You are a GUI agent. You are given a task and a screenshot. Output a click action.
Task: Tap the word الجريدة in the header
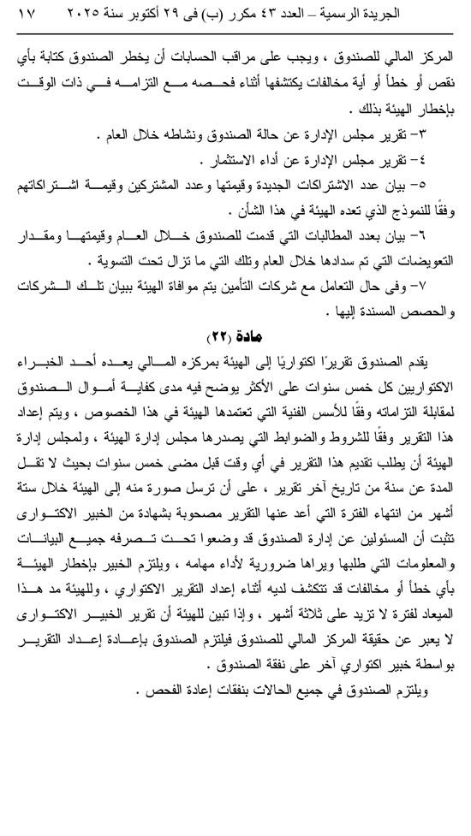tap(433, 15)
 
